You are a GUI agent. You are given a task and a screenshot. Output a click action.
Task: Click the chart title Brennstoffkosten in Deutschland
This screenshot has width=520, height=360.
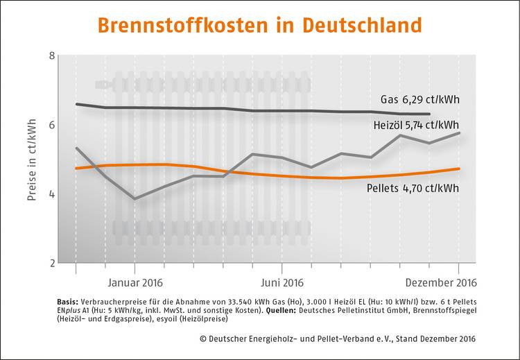tap(259, 25)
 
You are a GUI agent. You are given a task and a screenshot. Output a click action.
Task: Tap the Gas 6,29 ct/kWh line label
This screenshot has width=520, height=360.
tap(420, 100)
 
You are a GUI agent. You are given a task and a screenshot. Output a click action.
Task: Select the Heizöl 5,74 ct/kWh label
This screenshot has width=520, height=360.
tap(415, 126)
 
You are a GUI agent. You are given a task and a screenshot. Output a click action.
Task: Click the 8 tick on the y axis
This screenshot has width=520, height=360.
tap(52, 55)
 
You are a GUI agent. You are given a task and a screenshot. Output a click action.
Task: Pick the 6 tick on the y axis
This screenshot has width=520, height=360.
tap(52, 125)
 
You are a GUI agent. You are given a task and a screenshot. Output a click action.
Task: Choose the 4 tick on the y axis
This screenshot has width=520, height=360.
tap(52, 194)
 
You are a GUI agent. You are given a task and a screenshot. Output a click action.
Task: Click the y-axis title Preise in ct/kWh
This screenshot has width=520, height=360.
tap(32, 160)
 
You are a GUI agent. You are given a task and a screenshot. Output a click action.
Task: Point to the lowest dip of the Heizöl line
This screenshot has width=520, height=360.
tap(135, 198)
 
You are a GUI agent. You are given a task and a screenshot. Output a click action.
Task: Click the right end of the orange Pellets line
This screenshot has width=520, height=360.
tap(459, 169)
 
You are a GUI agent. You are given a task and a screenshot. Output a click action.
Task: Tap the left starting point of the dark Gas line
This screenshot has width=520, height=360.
tap(76, 104)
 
